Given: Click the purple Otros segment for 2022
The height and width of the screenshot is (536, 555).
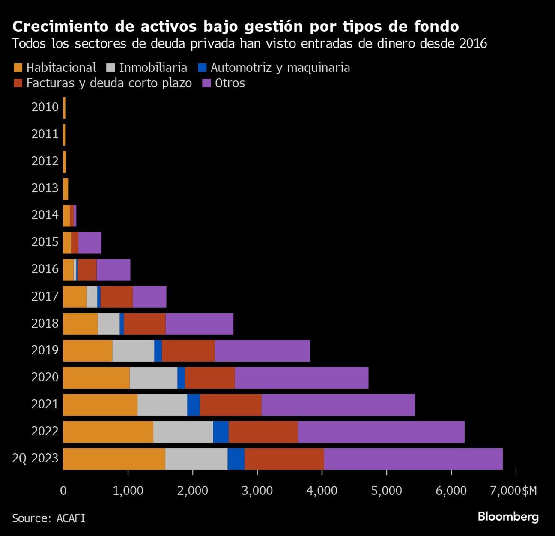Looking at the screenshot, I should [x=381, y=432].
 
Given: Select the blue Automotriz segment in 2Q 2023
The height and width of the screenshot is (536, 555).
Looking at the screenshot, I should [x=236, y=459].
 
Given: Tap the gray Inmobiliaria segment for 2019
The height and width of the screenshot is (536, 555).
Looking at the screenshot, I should [x=133, y=351].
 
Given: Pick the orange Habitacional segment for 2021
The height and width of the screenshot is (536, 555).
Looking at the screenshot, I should [x=100, y=405].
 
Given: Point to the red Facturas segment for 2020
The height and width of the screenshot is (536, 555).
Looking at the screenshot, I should [x=210, y=378].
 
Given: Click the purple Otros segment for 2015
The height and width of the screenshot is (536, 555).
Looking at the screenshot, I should [x=90, y=243].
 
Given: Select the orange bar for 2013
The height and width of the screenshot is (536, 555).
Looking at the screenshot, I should [x=66, y=189].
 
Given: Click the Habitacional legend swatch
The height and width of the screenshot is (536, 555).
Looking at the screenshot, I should [x=18, y=68].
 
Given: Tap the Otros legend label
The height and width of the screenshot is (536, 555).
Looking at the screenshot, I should [x=230, y=83].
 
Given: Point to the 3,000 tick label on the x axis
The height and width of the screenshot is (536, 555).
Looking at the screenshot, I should [x=257, y=491].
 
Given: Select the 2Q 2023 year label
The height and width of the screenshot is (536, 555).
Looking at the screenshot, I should [x=35, y=459].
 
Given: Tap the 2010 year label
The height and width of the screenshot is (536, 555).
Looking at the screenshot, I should [x=45, y=107].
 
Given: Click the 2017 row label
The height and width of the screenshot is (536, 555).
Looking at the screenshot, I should [x=45, y=296].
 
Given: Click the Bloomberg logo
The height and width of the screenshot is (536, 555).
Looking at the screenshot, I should [x=508, y=517].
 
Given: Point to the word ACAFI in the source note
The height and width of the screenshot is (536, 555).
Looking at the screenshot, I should [x=71, y=518].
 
